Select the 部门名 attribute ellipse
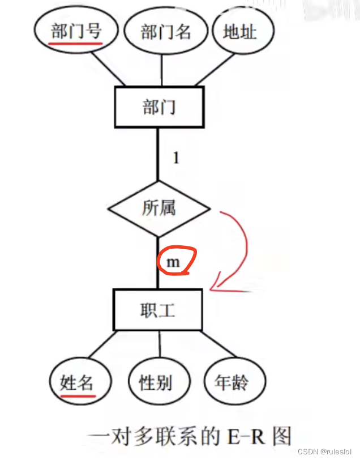(x=165, y=32)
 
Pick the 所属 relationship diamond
(x=159, y=208)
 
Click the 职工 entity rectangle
(x=158, y=309)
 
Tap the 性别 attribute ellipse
(x=156, y=382)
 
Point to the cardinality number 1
(x=176, y=158)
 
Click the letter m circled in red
(x=173, y=262)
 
